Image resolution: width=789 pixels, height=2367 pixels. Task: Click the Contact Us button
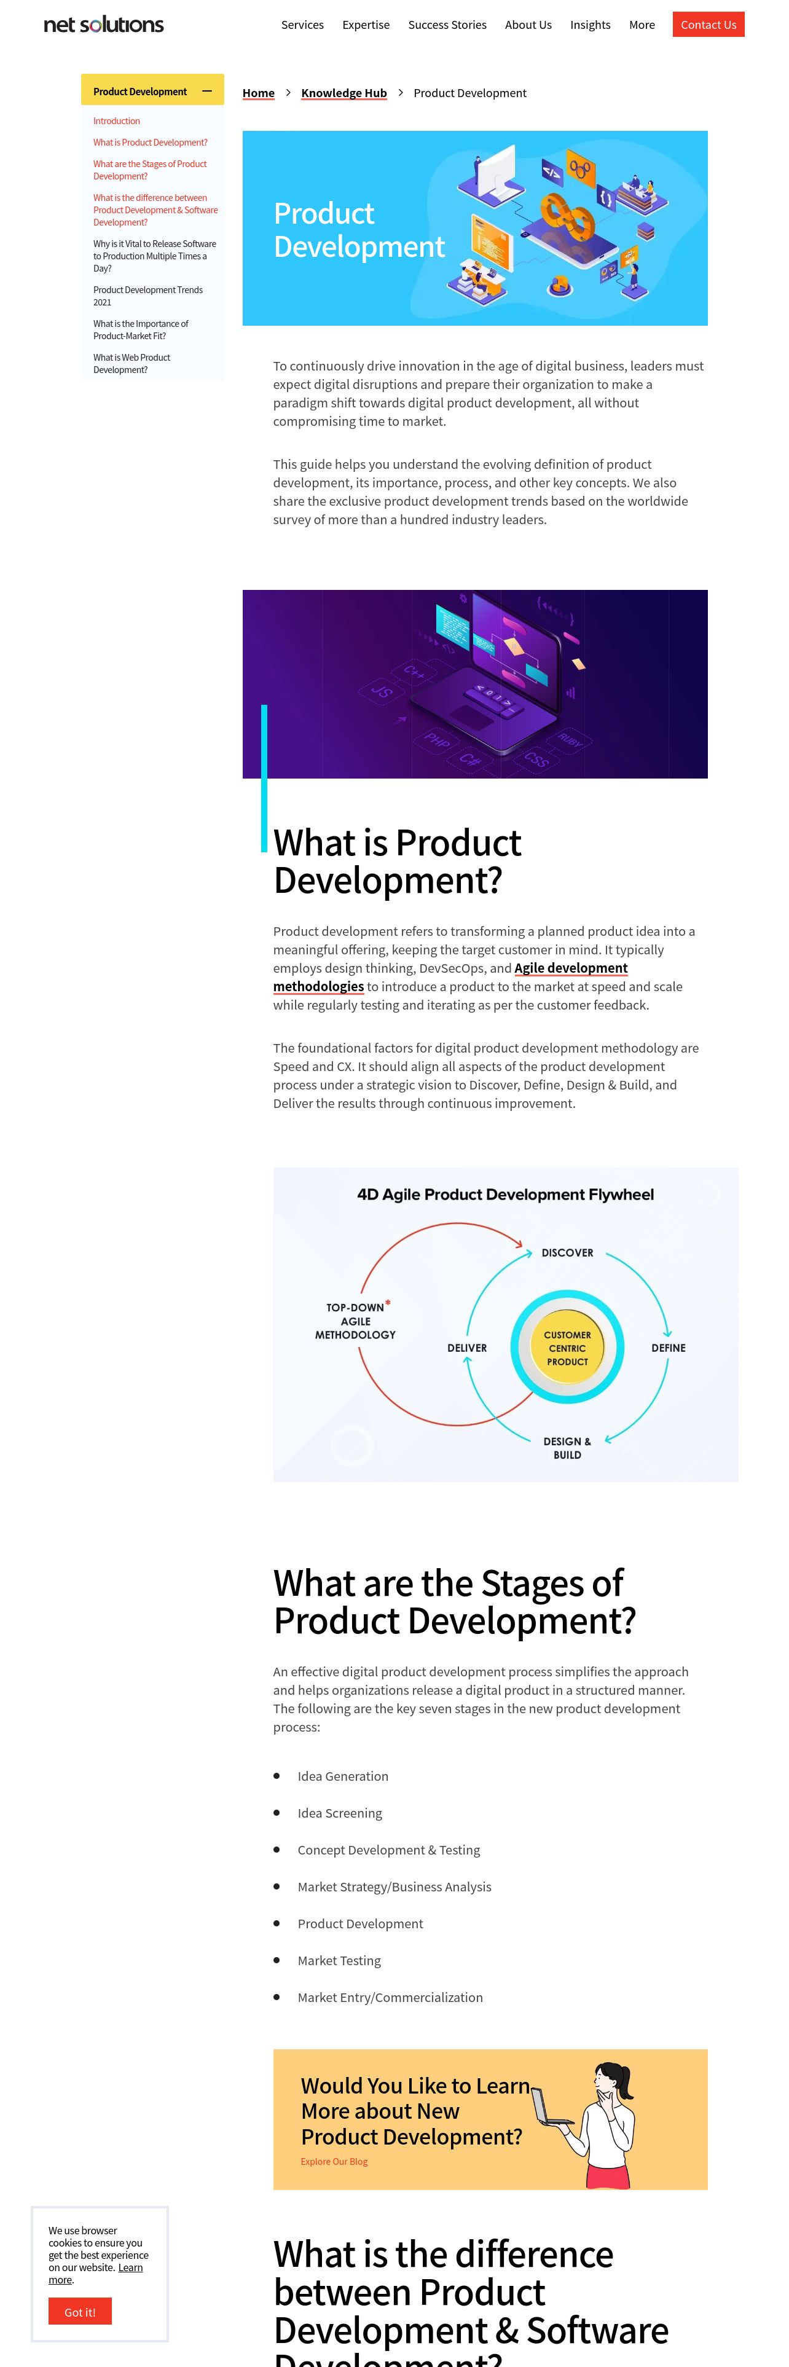[708, 25]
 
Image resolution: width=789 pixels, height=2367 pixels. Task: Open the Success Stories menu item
[447, 25]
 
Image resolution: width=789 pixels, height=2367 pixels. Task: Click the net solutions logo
[104, 25]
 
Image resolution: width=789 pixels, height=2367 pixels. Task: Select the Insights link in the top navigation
[590, 25]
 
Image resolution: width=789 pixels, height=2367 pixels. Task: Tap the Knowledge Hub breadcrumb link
[343, 93]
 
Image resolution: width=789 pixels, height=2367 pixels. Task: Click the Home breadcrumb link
[258, 93]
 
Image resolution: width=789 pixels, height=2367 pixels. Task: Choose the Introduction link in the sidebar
[117, 121]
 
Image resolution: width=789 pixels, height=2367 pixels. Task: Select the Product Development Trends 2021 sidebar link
[148, 296]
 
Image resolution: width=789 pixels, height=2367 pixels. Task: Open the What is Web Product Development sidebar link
[131, 364]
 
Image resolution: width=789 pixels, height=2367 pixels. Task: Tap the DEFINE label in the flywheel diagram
[669, 1348]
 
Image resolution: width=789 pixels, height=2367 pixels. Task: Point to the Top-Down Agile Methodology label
[355, 1321]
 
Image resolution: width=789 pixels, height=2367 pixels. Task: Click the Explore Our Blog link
[334, 2161]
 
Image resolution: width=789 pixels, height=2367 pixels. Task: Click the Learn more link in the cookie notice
[95, 2273]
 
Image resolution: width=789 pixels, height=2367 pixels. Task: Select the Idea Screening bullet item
[340, 1813]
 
